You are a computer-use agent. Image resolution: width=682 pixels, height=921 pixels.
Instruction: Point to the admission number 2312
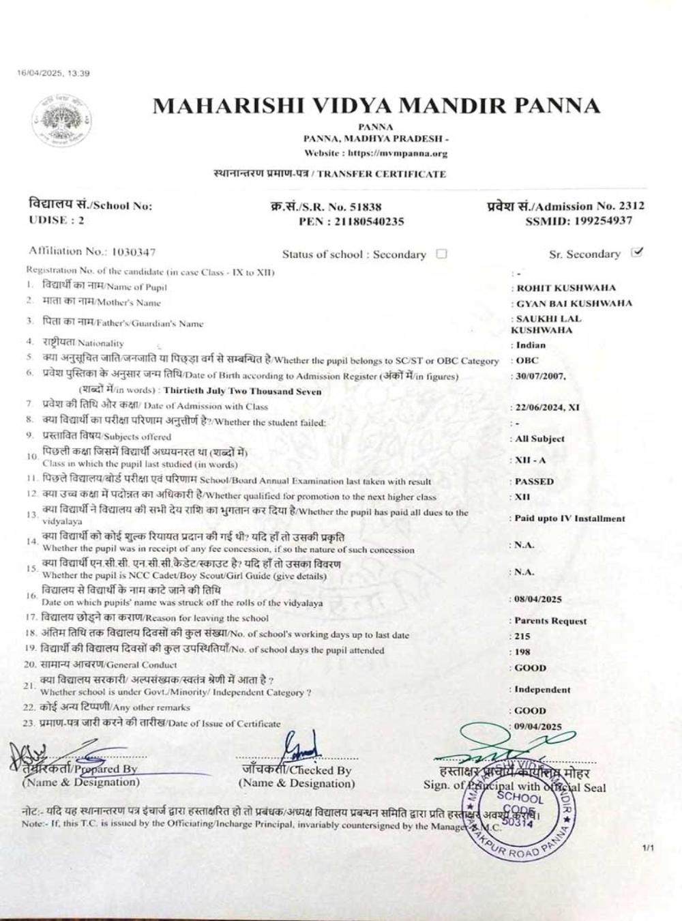click(631, 206)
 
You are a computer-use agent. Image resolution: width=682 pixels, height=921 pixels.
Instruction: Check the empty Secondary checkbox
click(441, 254)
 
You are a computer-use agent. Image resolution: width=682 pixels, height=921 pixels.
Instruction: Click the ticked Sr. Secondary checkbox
click(637, 252)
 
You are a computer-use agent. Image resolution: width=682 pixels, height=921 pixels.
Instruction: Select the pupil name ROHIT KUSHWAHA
click(566, 288)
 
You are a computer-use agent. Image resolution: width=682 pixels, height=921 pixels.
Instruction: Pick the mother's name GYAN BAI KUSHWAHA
click(574, 303)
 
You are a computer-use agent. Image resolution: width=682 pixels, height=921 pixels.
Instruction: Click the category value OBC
click(527, 360)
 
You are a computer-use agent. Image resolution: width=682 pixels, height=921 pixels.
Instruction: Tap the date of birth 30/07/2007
click(538, 376)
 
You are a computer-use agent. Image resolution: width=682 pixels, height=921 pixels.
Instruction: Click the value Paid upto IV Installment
click(569, 518)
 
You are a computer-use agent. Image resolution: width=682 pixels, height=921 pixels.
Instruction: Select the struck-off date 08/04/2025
click(538, 599)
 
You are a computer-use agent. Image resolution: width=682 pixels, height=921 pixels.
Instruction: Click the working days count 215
click(522, 636)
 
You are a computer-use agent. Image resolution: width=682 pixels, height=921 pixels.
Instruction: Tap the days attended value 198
click(522, 652)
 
